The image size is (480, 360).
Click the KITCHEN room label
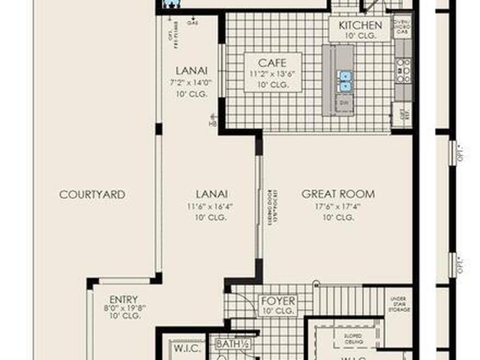360,25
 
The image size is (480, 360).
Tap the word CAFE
272,62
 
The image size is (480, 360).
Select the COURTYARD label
92,195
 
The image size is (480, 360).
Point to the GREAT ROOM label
338,194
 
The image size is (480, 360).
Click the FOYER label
278,300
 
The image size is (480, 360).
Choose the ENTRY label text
124,299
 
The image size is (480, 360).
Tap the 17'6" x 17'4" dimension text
338,206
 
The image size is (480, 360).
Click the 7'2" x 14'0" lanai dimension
191,82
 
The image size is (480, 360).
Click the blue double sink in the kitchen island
345,81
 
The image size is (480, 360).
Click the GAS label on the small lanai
192,22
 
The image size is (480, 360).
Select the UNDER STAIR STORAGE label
399,305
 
